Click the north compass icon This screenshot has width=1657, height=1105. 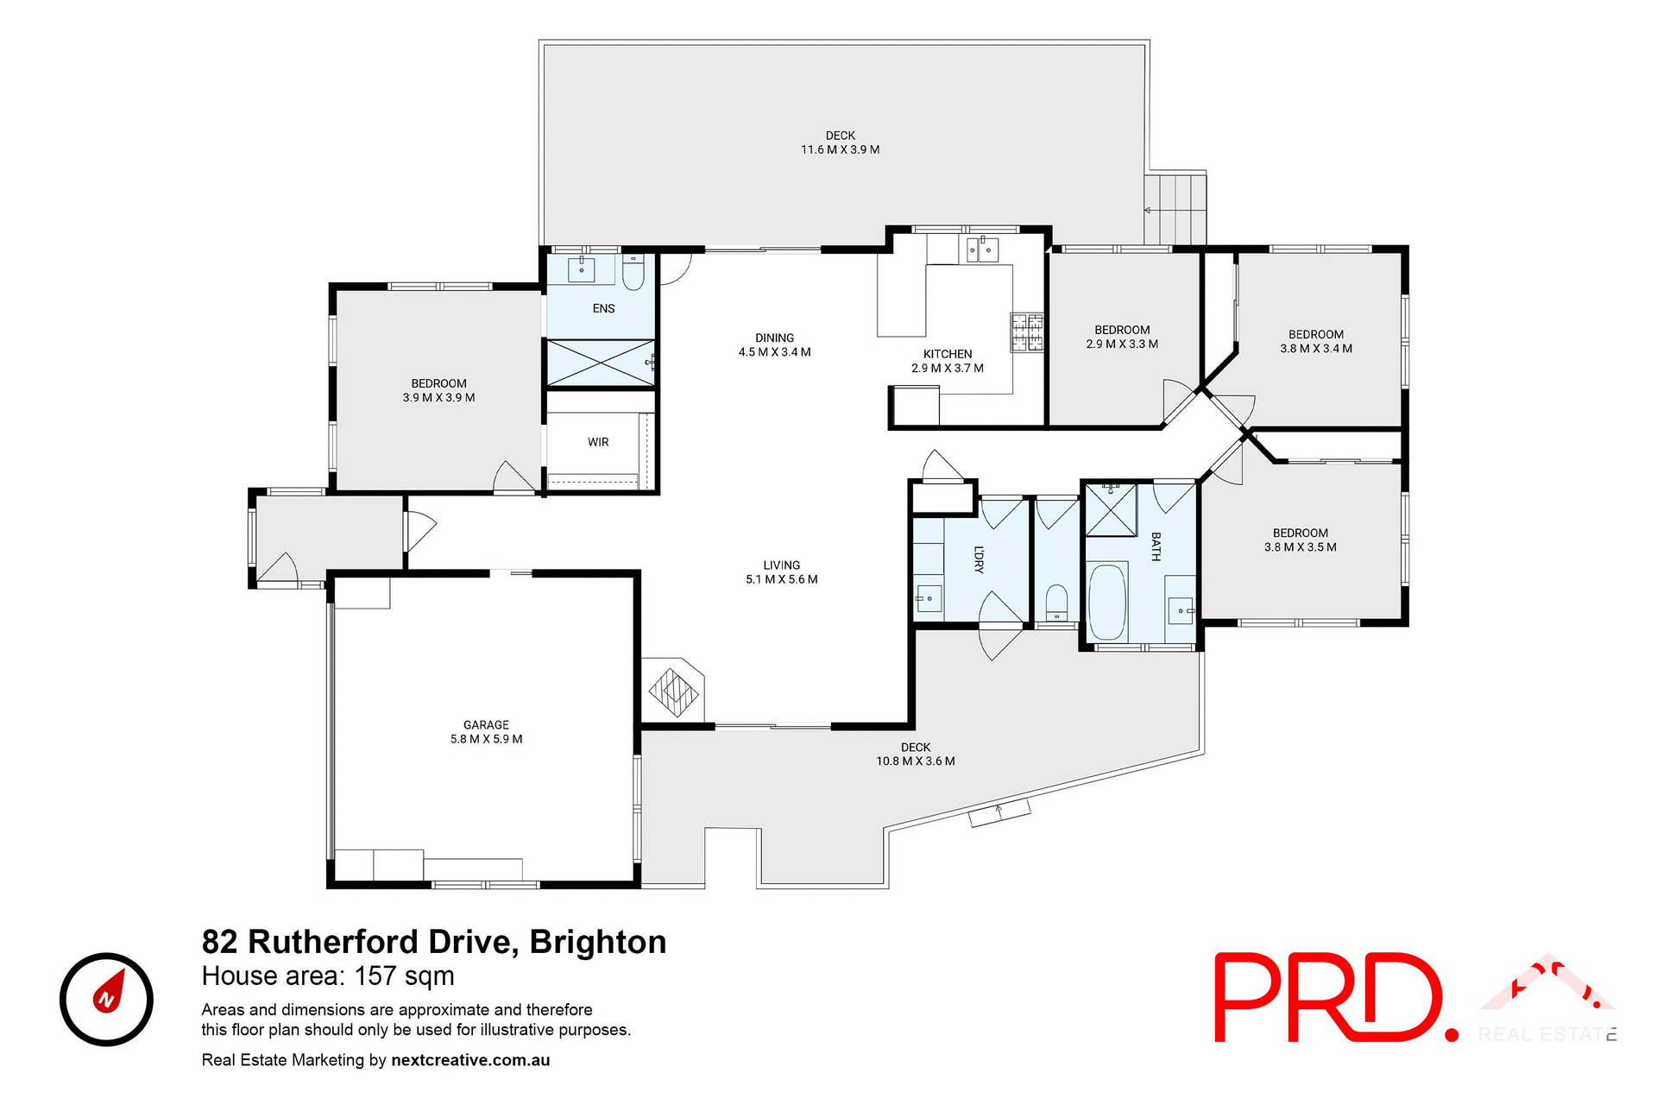106,1000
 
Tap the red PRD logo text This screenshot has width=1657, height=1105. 1334,998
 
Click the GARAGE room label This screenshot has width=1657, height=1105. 486,725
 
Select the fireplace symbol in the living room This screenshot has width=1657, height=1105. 673,690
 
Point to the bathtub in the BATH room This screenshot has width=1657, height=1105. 1107,602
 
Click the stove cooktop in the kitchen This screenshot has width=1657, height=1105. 1027,332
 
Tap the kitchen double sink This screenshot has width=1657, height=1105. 982,250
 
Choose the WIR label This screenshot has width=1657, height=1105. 598,442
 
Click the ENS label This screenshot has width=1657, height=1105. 603,308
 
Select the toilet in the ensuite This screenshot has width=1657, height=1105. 633,274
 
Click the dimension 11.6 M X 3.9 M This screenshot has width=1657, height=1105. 840,149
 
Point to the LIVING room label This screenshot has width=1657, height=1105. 781,565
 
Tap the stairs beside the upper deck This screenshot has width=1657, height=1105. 1175,209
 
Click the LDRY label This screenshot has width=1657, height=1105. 979,559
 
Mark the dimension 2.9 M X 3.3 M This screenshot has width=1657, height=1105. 1122,344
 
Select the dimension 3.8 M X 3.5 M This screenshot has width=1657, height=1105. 1300,546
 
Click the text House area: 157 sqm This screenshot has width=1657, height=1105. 328,976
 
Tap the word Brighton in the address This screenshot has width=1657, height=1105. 598,942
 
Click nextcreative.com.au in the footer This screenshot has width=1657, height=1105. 470,1060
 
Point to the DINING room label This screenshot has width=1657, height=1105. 774,338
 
